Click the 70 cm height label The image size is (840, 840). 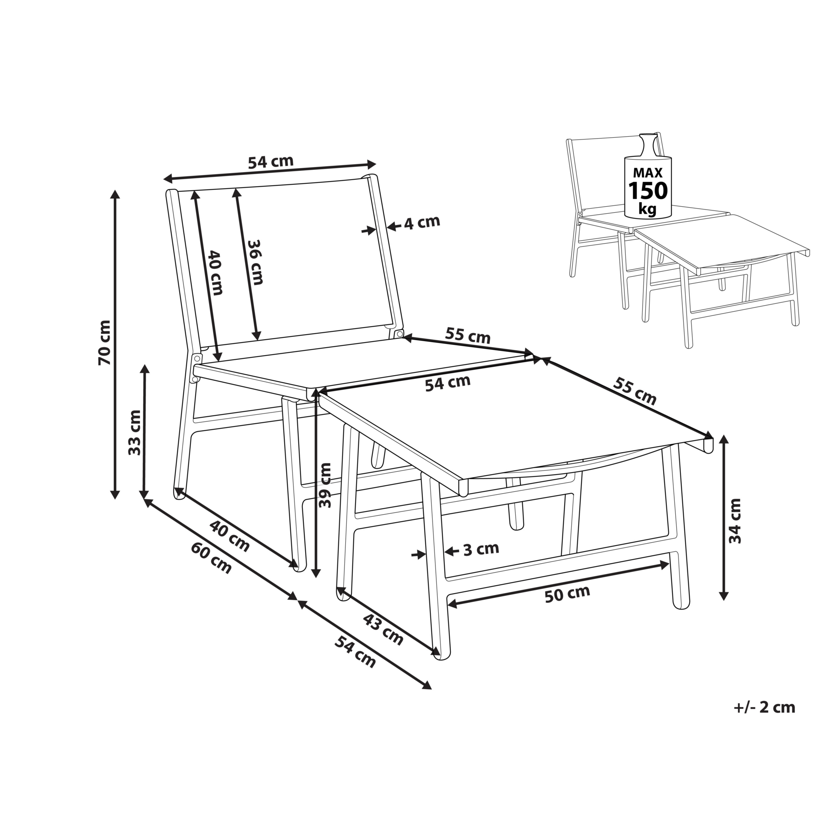tap(105, 343)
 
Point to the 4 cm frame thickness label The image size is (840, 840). tap(422, 223)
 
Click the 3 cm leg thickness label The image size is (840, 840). tap(481, 549)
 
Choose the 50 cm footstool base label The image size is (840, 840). tap(567, 594)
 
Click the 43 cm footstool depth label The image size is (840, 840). tap(383, 630)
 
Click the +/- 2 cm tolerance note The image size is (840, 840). tap(764, 707)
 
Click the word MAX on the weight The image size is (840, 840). tap(648, 173)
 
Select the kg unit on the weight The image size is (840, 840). tap(648, 209)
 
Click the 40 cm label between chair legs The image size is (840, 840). tap(229, 535)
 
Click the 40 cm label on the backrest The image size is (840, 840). tap(215, 273)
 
